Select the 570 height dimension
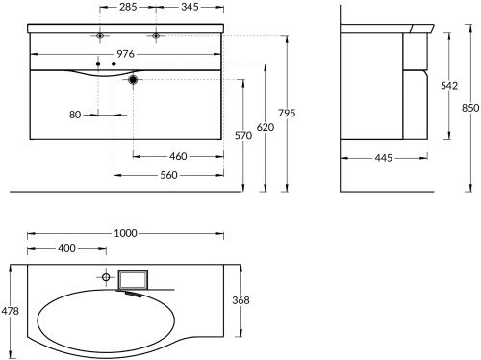(244, 135)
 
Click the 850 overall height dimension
(469, 108)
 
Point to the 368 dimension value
(240, 300)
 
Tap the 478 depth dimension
(9, 310)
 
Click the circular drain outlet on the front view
(133, 82)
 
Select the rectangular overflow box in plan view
(133, 279)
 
